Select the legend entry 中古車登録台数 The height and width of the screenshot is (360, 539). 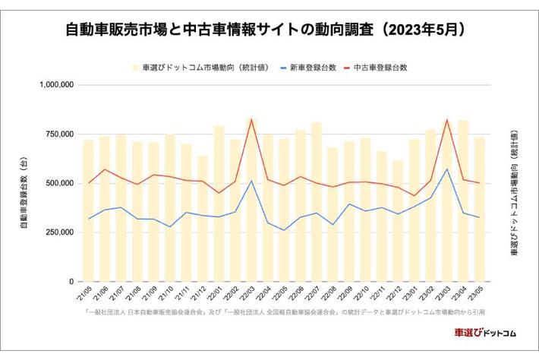383,68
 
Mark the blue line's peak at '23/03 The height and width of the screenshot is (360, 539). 448,169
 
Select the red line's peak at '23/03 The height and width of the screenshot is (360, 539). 448,119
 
